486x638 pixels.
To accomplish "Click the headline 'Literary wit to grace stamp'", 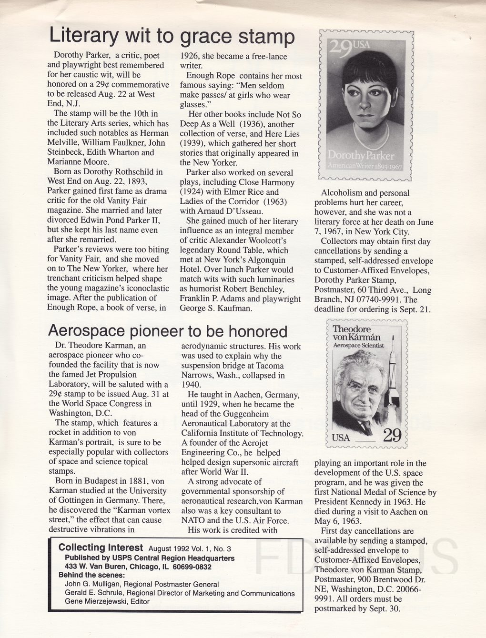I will [x=172, y=36].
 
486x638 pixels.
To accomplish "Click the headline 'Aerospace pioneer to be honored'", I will [x=168, y=331].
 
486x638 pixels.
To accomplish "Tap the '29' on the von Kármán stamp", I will [x=390, y=435].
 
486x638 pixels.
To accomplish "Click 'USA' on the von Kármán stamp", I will [x=341, y=438].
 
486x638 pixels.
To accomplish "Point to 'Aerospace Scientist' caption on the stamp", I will [x=358, y=345].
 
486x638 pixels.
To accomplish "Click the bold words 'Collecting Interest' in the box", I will [x=101, y=548].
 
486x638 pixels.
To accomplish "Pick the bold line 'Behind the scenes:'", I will [x=91, y=575].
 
